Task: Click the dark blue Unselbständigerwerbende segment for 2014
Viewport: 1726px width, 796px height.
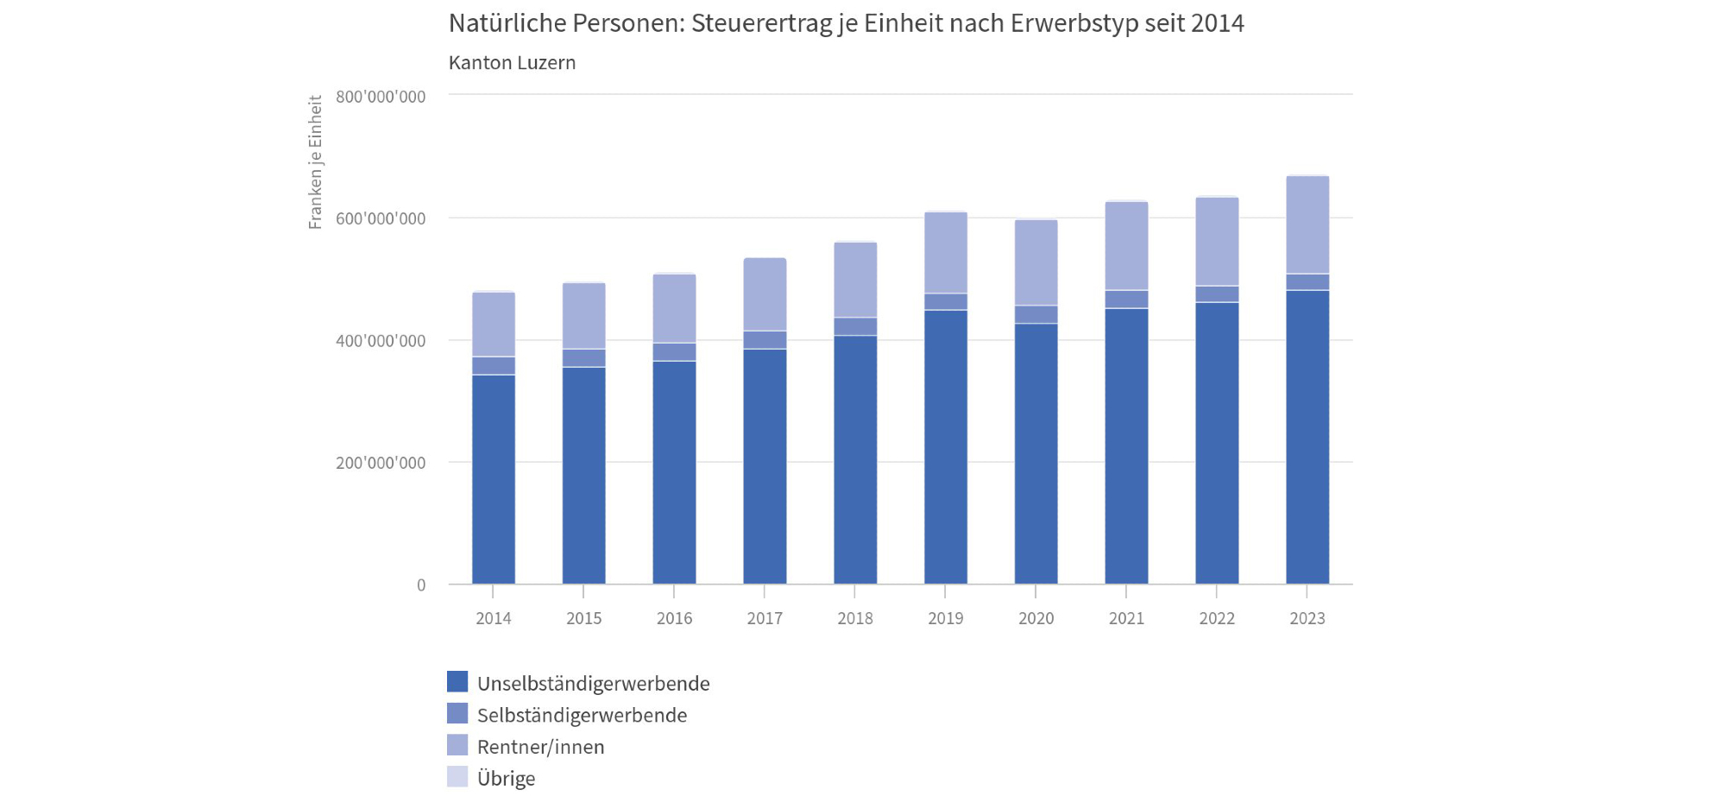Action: coord(494,479)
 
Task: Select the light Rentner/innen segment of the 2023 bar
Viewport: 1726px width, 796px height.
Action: coord(1307,225)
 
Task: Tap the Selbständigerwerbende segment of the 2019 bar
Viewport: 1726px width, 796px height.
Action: coord(946,302)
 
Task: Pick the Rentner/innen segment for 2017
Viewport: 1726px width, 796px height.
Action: coord(765,294)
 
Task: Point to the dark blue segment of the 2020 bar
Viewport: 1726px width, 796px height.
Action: coord(1036,453)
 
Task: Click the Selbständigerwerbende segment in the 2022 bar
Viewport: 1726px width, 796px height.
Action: coord(1217,294)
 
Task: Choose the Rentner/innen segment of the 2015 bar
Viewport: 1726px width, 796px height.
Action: coord(584,316)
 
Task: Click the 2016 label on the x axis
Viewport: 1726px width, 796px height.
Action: coord(674,618)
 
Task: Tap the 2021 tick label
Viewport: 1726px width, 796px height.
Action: coord(1126,618)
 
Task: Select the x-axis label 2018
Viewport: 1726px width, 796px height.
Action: coord(855,618)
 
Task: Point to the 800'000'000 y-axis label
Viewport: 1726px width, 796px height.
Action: coord(381,97)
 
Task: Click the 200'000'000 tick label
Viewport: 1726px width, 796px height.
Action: coord(381,463)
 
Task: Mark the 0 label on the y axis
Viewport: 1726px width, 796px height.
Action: coord(421,585)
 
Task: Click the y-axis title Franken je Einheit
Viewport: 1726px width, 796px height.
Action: coord(316,162)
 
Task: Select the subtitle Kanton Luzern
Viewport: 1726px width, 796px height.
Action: coord(512,63)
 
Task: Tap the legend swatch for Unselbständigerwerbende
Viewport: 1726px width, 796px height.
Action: coord(457,682)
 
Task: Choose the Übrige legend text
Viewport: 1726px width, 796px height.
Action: coord(506,779)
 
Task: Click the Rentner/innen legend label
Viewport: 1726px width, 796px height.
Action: coord(540,747)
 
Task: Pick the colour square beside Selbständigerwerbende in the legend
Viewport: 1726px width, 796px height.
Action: coord(457,714)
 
